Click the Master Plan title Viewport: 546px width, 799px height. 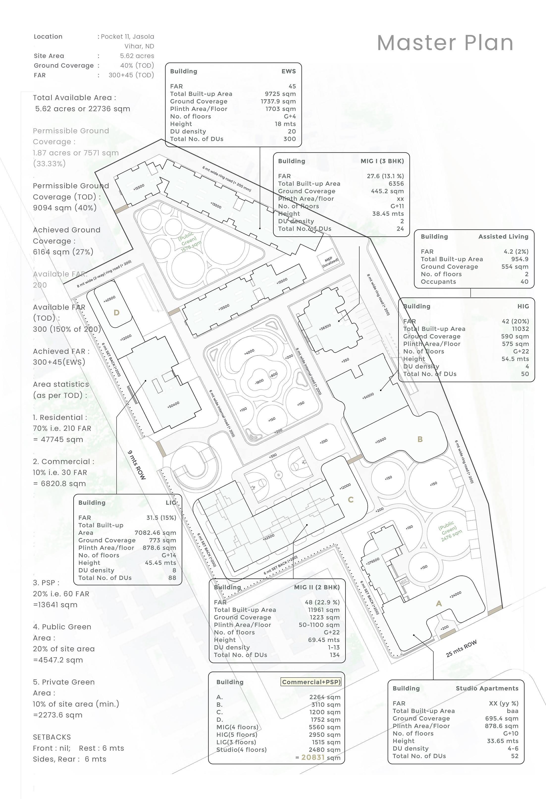click(x=445, y=43)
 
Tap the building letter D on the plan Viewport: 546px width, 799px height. click(x=116, y=312)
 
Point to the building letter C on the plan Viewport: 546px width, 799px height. click(x=350, y=499)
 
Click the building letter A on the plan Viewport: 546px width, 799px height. click(x=439, y=603)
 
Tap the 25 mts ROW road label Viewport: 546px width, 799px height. click(x=461, y=649)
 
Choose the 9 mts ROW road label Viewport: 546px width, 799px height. click(x=137, y=465)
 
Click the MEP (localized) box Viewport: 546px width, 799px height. click(x=330, y=261)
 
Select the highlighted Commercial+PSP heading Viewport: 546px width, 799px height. click(x=311, y=682)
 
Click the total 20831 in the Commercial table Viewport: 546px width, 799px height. click(x=313, y=757)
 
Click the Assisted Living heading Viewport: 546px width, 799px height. click(x=503, y=237)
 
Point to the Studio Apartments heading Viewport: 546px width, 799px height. click(x=487, y=688)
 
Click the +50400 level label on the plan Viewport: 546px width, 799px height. click(x=173, y=405)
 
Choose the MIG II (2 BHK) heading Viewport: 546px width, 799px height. click(x=316, y=587)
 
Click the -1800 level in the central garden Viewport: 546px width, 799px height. click(x=259, y=381)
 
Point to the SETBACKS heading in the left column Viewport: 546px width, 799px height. click(x=52, y=737)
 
